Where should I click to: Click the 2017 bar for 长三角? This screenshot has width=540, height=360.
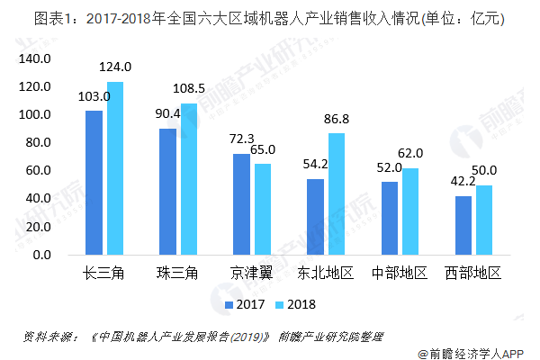(94, 183)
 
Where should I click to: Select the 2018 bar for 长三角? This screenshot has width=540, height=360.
(115, 168)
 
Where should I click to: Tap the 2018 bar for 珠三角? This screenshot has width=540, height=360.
(189, 179)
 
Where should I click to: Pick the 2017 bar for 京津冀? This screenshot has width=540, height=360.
(241, 204)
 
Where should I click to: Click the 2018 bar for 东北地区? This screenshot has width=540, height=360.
(337, 193)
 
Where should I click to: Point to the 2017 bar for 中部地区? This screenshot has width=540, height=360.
(389, 218)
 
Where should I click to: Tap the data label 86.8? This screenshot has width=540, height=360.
(337, 119)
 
